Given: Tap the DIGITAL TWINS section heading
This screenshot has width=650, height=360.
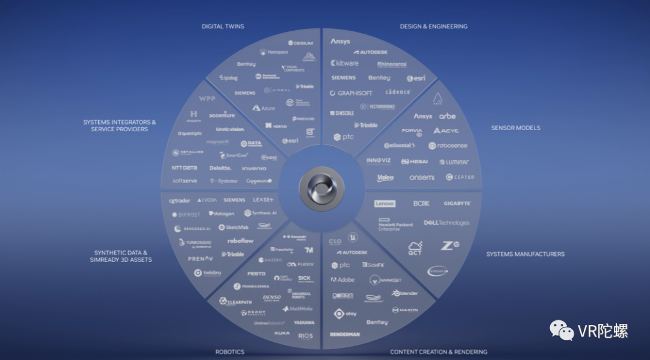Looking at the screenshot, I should pyautogui.click(x=223, y=26).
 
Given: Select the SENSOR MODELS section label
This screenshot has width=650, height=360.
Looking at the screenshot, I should pyautogui.click(x=515, y=128).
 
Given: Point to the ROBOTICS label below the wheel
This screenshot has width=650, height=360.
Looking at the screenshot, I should pyautogui.click(x=230, y=352).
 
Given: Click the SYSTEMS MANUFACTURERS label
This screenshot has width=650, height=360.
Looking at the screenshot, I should pyautogui.click(x=525, y=254).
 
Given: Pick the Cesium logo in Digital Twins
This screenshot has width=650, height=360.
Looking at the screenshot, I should pyautogui.click(x=300, y=43).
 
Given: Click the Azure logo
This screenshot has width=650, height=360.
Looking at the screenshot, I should pyautogui.click(x=264, y=108).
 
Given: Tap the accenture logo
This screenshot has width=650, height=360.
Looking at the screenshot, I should pyautogui.click(x=221, y=115).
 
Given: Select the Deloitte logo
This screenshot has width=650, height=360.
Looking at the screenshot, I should pyautogui.click(x=220, y=168).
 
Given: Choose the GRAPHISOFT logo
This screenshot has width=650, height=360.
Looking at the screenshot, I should pyautogui.click(x=351, y=93).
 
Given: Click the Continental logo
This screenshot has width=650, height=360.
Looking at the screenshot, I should pyautogui.click(x=400, y=146).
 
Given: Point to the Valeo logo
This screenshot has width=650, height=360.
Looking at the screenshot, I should pyautogui.click(x=385, y=178).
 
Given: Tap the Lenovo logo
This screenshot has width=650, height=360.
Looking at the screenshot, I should pyautogui.click(x=385, y=204).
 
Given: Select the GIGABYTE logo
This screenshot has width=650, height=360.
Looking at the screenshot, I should pyautogui.click(x=457, y=203).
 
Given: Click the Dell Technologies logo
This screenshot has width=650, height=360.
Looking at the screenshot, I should pyautogui.click(x=446, y=223).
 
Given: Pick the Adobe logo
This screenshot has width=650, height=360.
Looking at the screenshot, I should pyautogui.click(x=342, y=280).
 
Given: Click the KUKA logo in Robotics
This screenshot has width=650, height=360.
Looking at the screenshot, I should pyautogui.click(x=282, y=333).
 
